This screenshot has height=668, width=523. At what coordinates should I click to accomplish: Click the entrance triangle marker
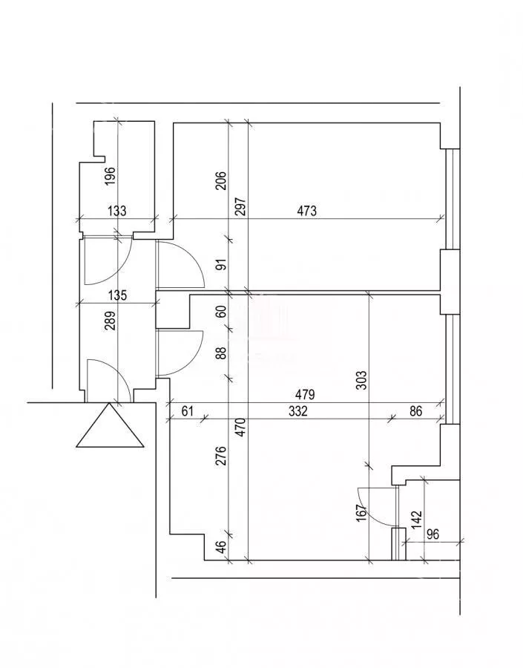click(110, 425)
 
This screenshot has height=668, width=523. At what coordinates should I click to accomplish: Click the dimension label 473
click(306, 211)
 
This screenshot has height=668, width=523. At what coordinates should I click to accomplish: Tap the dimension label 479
click(306, 395)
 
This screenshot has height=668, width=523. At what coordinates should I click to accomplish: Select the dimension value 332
click(298, 411)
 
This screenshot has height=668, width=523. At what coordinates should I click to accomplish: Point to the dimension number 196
click(110, 176)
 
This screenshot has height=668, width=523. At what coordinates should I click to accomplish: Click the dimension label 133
click(116, 211)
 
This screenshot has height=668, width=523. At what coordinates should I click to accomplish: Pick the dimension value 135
click(117, 295)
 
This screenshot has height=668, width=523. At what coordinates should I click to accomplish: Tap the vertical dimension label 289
click(110, 321)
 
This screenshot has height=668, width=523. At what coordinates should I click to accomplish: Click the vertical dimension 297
click(240, 206)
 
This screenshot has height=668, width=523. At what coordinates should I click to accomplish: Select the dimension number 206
click(222, 180)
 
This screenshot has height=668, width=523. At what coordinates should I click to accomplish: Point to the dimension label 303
click(361, 381)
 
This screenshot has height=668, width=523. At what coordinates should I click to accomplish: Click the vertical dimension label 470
click(240, 428)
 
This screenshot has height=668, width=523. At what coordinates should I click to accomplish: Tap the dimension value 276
click(222, 456)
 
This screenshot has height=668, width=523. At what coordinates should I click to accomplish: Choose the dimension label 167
click(361, 513)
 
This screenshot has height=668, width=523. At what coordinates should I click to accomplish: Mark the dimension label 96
click(432, 534)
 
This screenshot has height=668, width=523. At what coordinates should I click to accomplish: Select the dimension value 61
click(188, 411)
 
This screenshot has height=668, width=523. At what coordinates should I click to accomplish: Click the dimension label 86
click(415, 411)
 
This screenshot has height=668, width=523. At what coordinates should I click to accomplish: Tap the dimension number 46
click(222, 546)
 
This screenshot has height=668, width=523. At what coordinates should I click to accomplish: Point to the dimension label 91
click(222, 264)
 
